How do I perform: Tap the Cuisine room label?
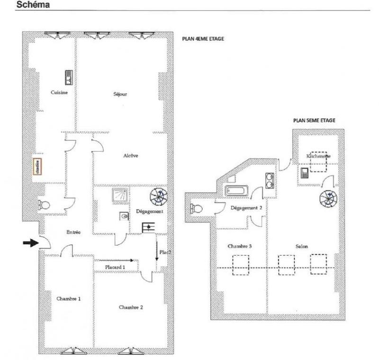[59, 92]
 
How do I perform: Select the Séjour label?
[120, 94]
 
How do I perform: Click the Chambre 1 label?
[68, 299]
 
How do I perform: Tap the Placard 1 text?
[115, 268]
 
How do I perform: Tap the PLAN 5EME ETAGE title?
[314, 120]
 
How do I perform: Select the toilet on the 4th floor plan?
[44, 205]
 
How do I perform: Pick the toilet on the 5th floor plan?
[196, 208]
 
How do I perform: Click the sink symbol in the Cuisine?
[68, 77]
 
